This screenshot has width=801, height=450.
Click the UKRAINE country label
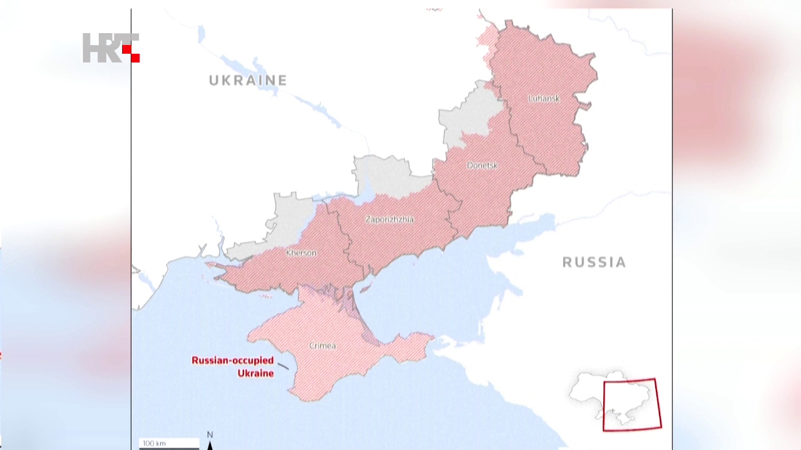[x=248, y=80]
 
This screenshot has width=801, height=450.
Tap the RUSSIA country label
[x=594, y=262]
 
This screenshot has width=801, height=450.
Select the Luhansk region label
[x=544, y=98]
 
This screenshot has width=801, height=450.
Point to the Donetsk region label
[x=482, y=166]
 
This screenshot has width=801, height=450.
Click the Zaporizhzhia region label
[x=389, y=219]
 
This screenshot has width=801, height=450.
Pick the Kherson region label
[x=301, y=253]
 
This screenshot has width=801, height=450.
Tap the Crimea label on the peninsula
[x=322, y=346]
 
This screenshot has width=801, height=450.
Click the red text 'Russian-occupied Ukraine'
[x=233, y=367]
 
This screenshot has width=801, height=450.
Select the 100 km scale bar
[x=168, y=444]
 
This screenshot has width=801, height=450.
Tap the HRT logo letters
[x=103, y=47]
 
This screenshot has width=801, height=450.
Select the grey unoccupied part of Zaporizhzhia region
[x=388, y=175]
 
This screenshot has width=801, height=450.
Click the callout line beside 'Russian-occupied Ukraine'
[x=283, y=366]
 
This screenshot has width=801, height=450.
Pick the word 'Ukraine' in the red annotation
[x=255, y=373]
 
